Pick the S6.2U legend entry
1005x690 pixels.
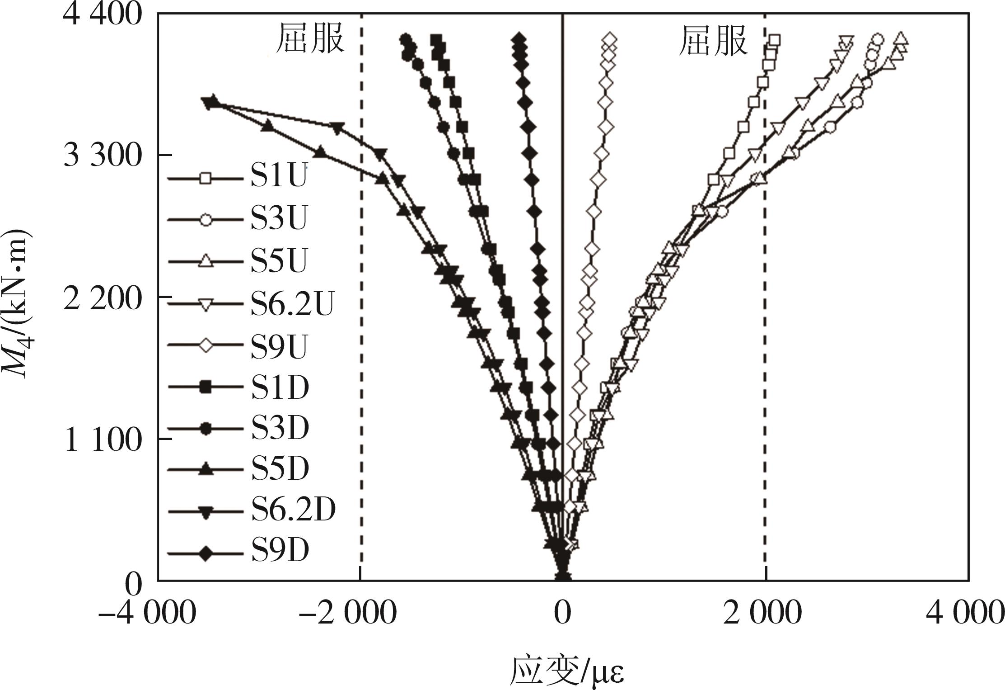pos(292,303)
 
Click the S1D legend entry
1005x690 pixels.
pos(280,387)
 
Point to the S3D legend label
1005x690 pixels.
pos(280,429)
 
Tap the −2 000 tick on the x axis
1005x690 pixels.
pos(348,614)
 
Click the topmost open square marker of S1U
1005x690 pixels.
pos(774,40)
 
